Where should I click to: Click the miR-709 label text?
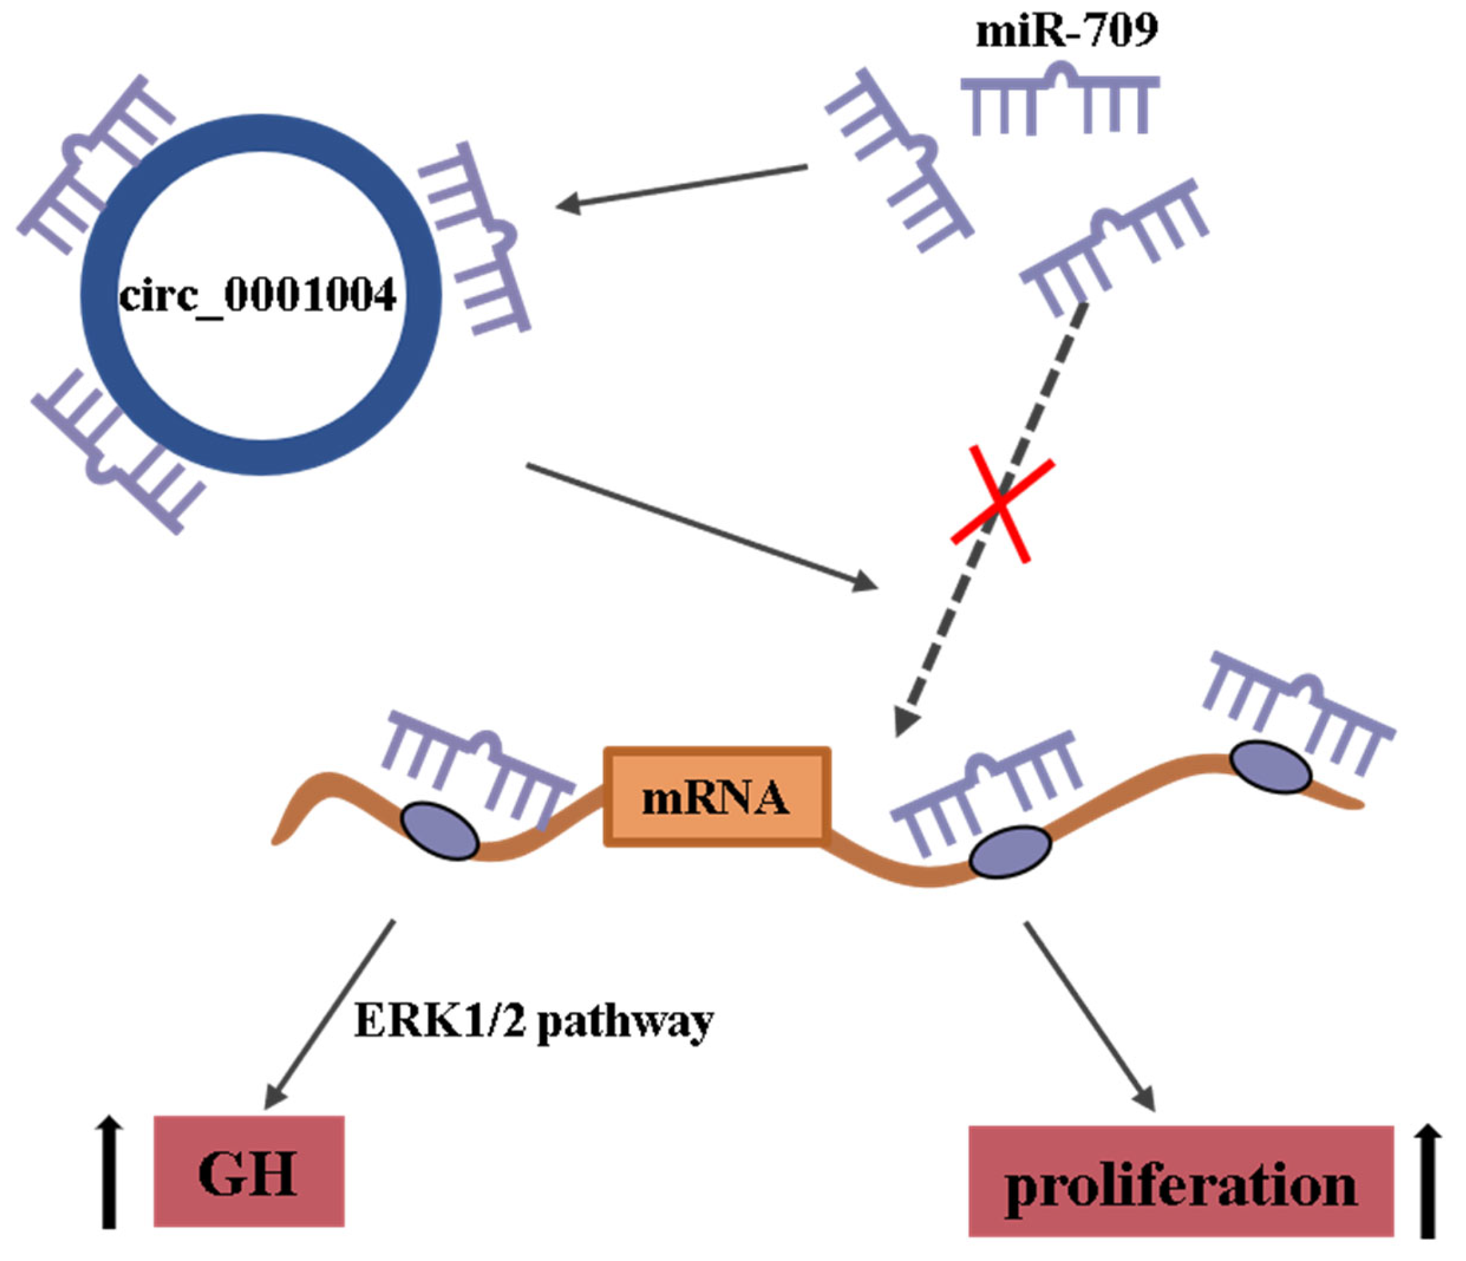1066,32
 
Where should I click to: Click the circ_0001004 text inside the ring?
257,296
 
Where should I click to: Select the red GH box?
249,1171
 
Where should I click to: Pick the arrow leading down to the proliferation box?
1089,1016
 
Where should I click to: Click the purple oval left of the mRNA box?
440,832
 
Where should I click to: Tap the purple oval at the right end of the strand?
1270,767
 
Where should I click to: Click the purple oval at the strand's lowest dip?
1010,852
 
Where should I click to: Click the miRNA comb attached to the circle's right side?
476,237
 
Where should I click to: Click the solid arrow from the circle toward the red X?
700,526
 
